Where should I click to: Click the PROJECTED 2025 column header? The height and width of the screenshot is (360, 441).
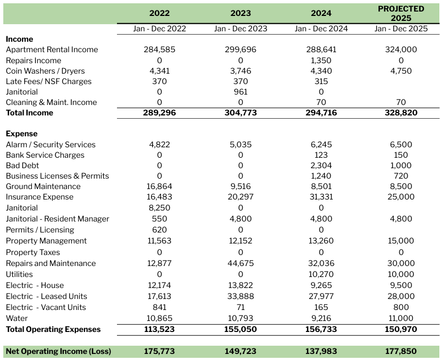(401, 13)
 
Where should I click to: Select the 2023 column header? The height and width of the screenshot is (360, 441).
(241, 13)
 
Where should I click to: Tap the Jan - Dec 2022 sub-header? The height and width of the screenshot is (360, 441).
(159, 29)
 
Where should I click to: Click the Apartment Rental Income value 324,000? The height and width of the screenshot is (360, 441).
(401, 49)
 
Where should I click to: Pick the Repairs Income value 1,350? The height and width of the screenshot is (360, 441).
(321, 60)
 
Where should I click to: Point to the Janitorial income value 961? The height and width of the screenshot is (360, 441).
(241, 92)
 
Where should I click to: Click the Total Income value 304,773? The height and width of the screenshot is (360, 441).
(241, 113)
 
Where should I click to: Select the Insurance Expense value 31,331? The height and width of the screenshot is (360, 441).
(321, 197)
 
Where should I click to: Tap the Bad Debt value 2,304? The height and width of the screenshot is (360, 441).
(321, 165)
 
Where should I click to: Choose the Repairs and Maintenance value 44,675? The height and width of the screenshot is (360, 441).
(241, 263)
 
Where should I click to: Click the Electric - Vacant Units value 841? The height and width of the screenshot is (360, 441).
(159, 307)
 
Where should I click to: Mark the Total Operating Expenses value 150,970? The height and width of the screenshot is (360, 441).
(401, 329)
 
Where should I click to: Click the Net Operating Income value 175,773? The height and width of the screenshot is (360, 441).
(159, 351)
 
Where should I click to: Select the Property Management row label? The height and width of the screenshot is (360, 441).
(46, 241)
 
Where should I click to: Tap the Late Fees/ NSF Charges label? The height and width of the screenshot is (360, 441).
(48, 81)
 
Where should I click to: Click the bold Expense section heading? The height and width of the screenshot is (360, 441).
(21, 134)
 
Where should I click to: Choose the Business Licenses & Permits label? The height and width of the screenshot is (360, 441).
(57, 176)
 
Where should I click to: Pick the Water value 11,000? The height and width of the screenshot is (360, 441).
(401, 318)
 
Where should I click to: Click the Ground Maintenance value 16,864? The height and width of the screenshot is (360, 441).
(159, 186)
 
